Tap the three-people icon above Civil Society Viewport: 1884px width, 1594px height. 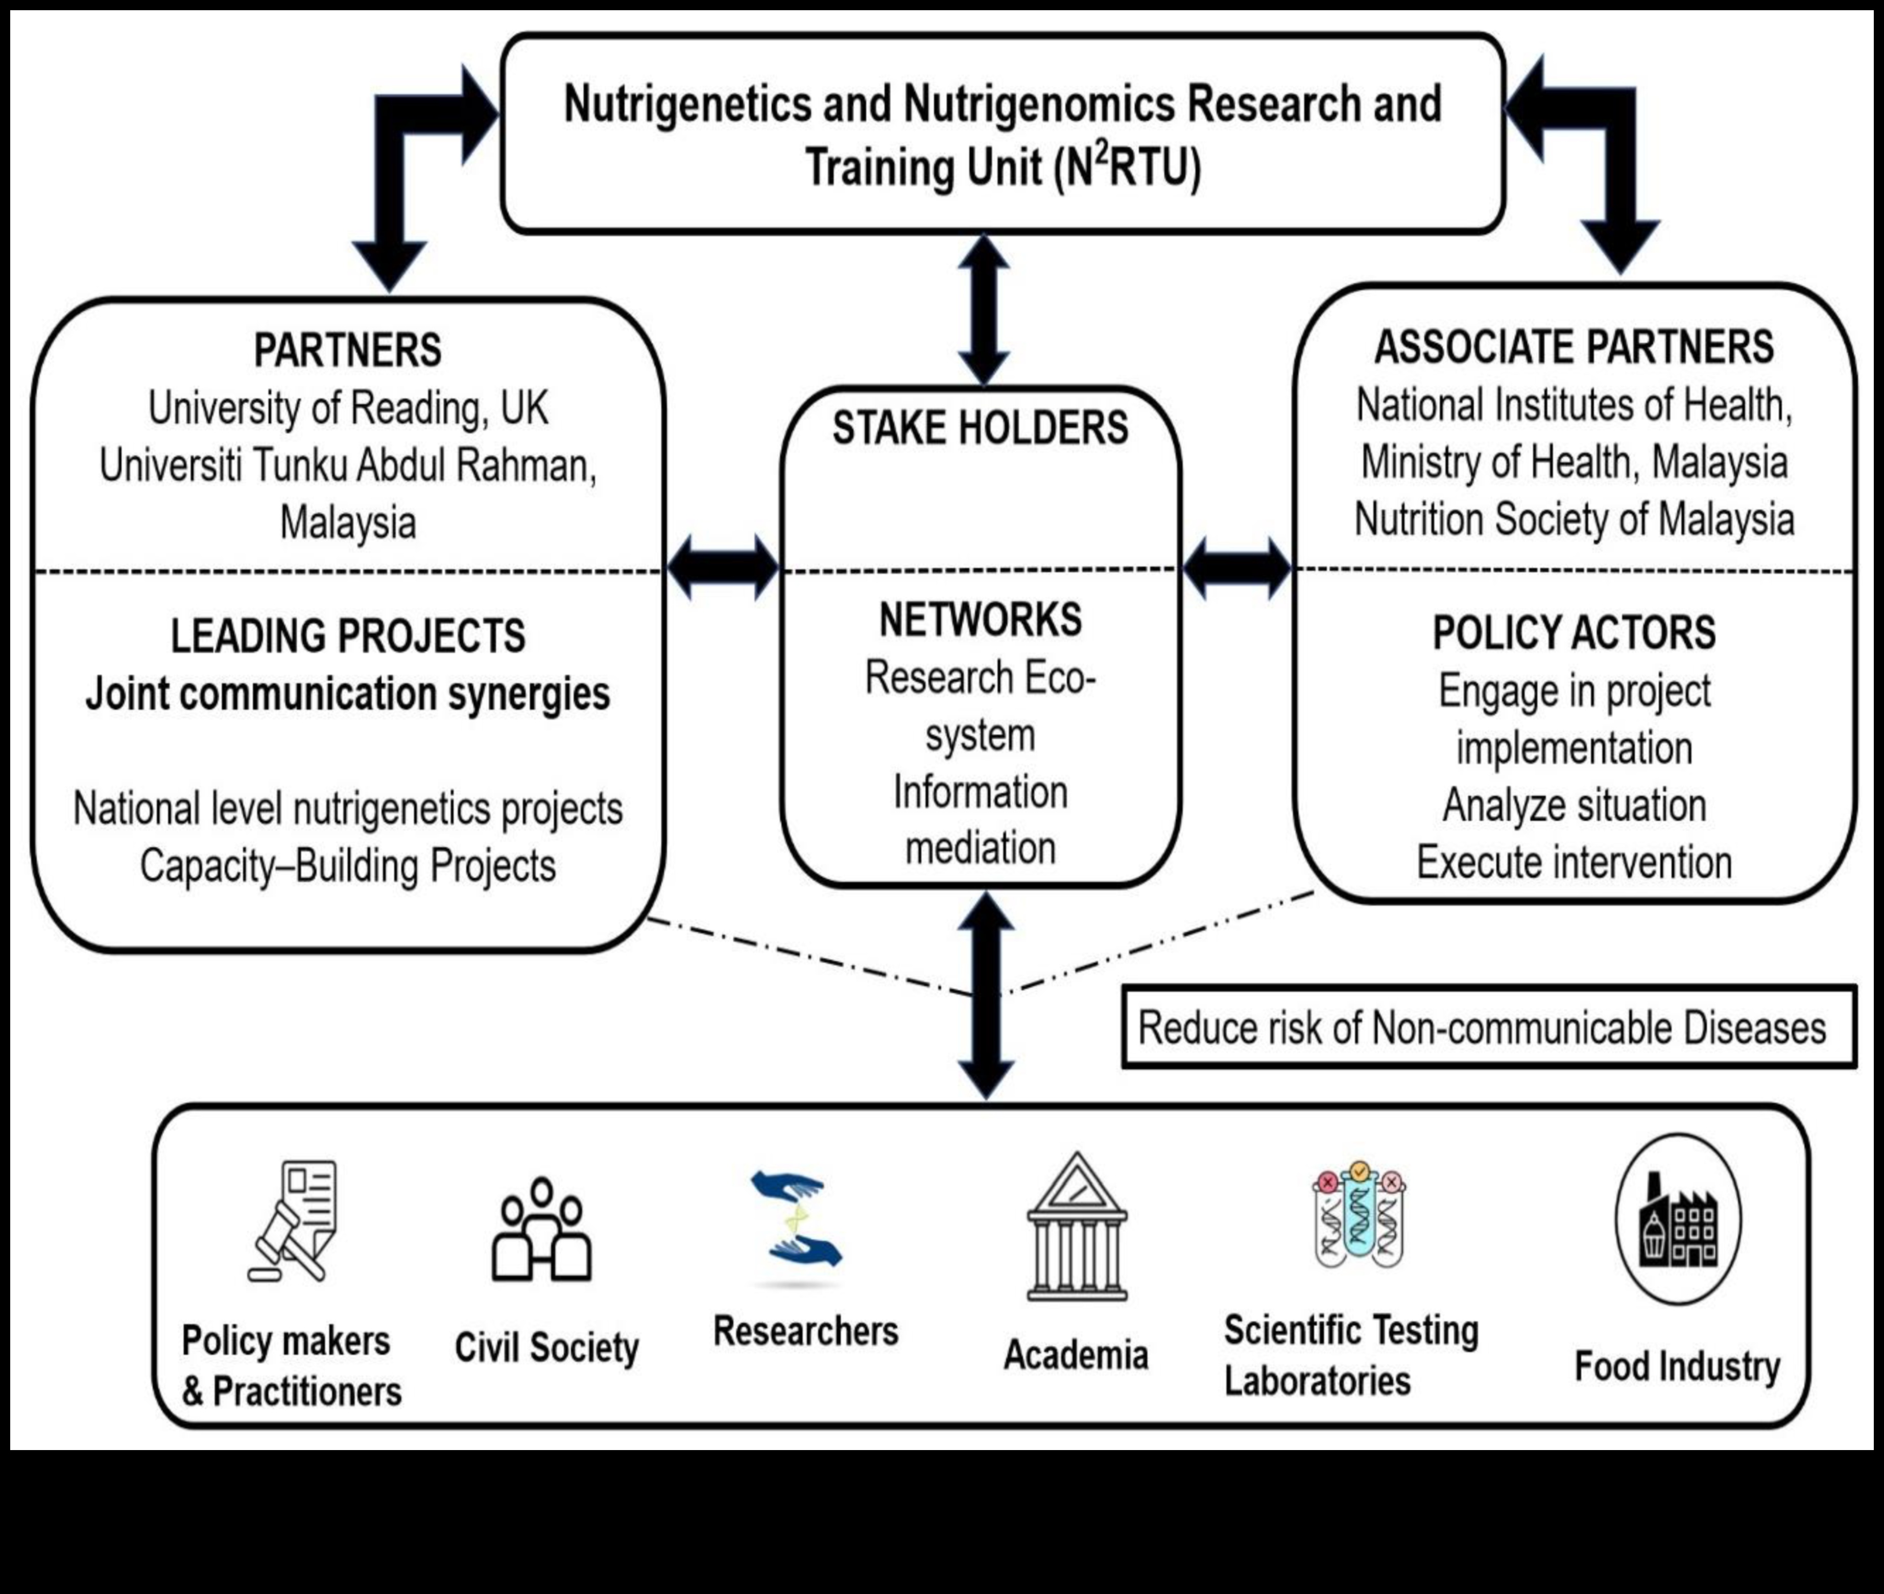pos(541,1230)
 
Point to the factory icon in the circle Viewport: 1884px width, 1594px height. pos(1678,1220)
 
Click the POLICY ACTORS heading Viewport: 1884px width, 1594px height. pos(1574,632)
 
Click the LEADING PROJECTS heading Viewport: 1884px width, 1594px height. pos(348,636)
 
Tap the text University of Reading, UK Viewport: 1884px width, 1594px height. pos(348,408)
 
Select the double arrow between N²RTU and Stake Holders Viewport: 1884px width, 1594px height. pos(984,310)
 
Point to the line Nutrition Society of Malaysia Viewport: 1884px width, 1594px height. pos(1574,520)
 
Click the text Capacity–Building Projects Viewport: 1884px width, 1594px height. pos(348,866)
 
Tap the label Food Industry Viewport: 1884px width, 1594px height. pos(1677,1366)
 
